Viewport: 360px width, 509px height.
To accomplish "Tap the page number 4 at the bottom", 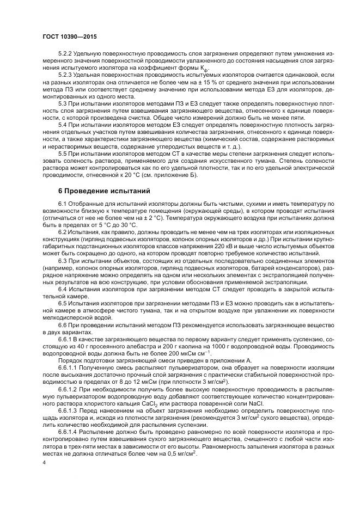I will coord(45,463).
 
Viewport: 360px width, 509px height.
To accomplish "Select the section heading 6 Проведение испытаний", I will coord(101,191).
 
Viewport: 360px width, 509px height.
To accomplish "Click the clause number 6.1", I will coord(63,204).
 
